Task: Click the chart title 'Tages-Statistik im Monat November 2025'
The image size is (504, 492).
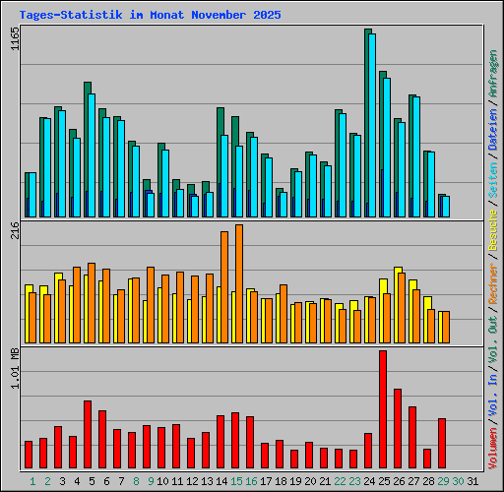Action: coord(150,16)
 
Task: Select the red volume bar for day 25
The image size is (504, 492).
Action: coord(383,409)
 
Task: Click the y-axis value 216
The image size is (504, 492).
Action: coord(15,232)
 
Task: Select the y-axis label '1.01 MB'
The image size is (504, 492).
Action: coord(15,370)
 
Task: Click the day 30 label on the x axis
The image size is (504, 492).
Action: coord(458,481)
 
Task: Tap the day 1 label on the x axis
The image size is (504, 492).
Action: coord(32,481)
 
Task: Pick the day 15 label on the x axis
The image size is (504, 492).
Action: coord(236,481)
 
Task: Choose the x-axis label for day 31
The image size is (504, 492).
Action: coord(472,481)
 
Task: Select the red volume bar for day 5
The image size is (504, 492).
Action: coord(88,435)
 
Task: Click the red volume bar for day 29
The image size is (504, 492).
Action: coord(442,444)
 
